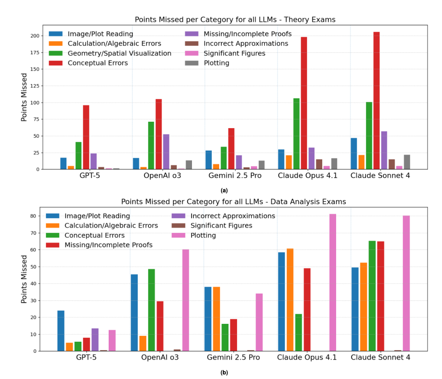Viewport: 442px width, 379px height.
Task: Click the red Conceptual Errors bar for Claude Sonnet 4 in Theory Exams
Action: click(x=377, y=101)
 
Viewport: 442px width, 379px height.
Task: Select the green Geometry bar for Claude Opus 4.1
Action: click(x=296, y=134)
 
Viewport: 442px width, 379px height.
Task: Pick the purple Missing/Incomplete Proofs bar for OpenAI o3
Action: click(x=166, y=152)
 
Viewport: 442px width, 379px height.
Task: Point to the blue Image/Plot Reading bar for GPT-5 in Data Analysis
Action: click(x=61, y=331)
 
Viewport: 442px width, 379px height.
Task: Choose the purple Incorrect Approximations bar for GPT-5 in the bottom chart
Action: click(x=95, y=339)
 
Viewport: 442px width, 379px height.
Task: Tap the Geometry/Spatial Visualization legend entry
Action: click(x=119, y=53)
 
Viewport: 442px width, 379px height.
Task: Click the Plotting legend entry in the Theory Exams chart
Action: click(x=216, y=63)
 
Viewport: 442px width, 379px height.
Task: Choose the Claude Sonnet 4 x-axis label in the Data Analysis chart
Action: click(x=380, y=357)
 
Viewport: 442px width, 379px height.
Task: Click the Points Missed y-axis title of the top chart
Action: click(x=24, y=97)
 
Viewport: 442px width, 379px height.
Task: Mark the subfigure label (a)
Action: click(x=224, y=190)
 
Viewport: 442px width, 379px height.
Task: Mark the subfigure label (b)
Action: click(x=224, y=373)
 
